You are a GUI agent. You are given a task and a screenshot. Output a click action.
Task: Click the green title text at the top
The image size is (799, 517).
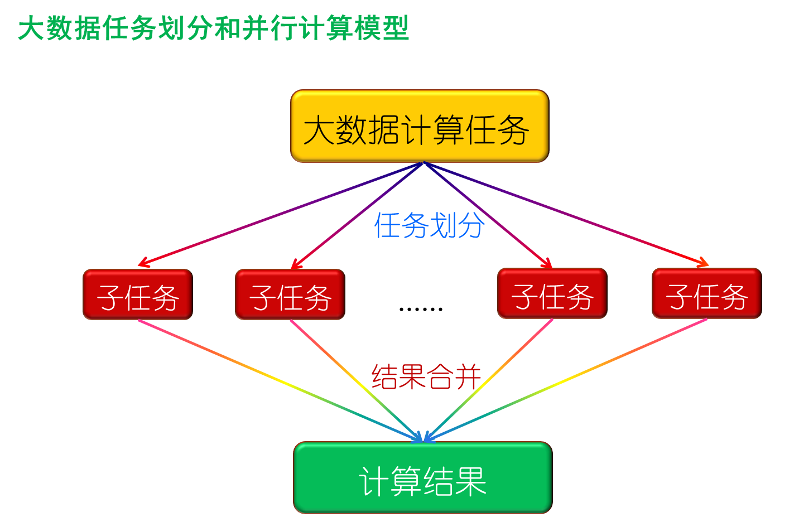coord(213,28)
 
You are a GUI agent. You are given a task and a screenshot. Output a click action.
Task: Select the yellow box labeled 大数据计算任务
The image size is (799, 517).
coord(419,127)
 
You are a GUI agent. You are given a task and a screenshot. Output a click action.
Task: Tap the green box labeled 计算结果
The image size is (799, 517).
coord(422,478)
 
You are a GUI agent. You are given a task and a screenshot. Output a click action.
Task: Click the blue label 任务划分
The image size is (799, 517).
coord(429,225)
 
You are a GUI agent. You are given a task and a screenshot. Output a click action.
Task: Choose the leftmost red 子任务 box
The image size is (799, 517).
coord(138,295)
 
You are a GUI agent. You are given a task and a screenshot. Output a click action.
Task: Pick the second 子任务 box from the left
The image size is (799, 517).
coord(290,295)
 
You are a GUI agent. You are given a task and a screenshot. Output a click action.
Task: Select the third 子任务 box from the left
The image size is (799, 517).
coord(552,294)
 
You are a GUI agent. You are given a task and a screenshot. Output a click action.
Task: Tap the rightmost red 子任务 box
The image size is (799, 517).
coord(706,294)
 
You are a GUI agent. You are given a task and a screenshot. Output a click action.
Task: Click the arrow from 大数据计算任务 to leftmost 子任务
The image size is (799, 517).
coord(279,213)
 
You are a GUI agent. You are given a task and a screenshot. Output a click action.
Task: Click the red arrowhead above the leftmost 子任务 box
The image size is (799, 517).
coord(142,263)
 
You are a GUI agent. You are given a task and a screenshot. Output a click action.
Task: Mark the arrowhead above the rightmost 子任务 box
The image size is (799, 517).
coord(704,262)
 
